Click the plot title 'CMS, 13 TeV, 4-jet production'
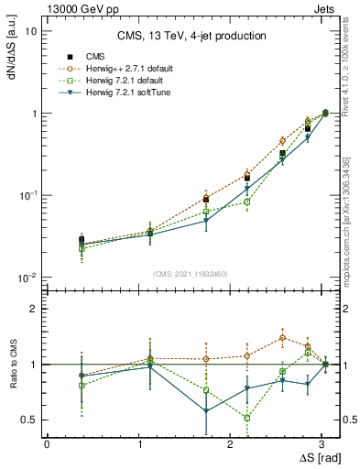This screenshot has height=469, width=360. pyautogui.click(x=191, y=36)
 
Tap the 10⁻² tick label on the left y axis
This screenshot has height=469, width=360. pyautogui.click(x=27, y=278)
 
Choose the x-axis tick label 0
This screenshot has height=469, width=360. pyautogui.click(x=47, y=442)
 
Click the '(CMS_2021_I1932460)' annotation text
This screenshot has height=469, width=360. pyautogui.click(x=191, y=274)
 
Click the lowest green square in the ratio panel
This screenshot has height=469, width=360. pyautogui.click(x=247, y=418)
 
